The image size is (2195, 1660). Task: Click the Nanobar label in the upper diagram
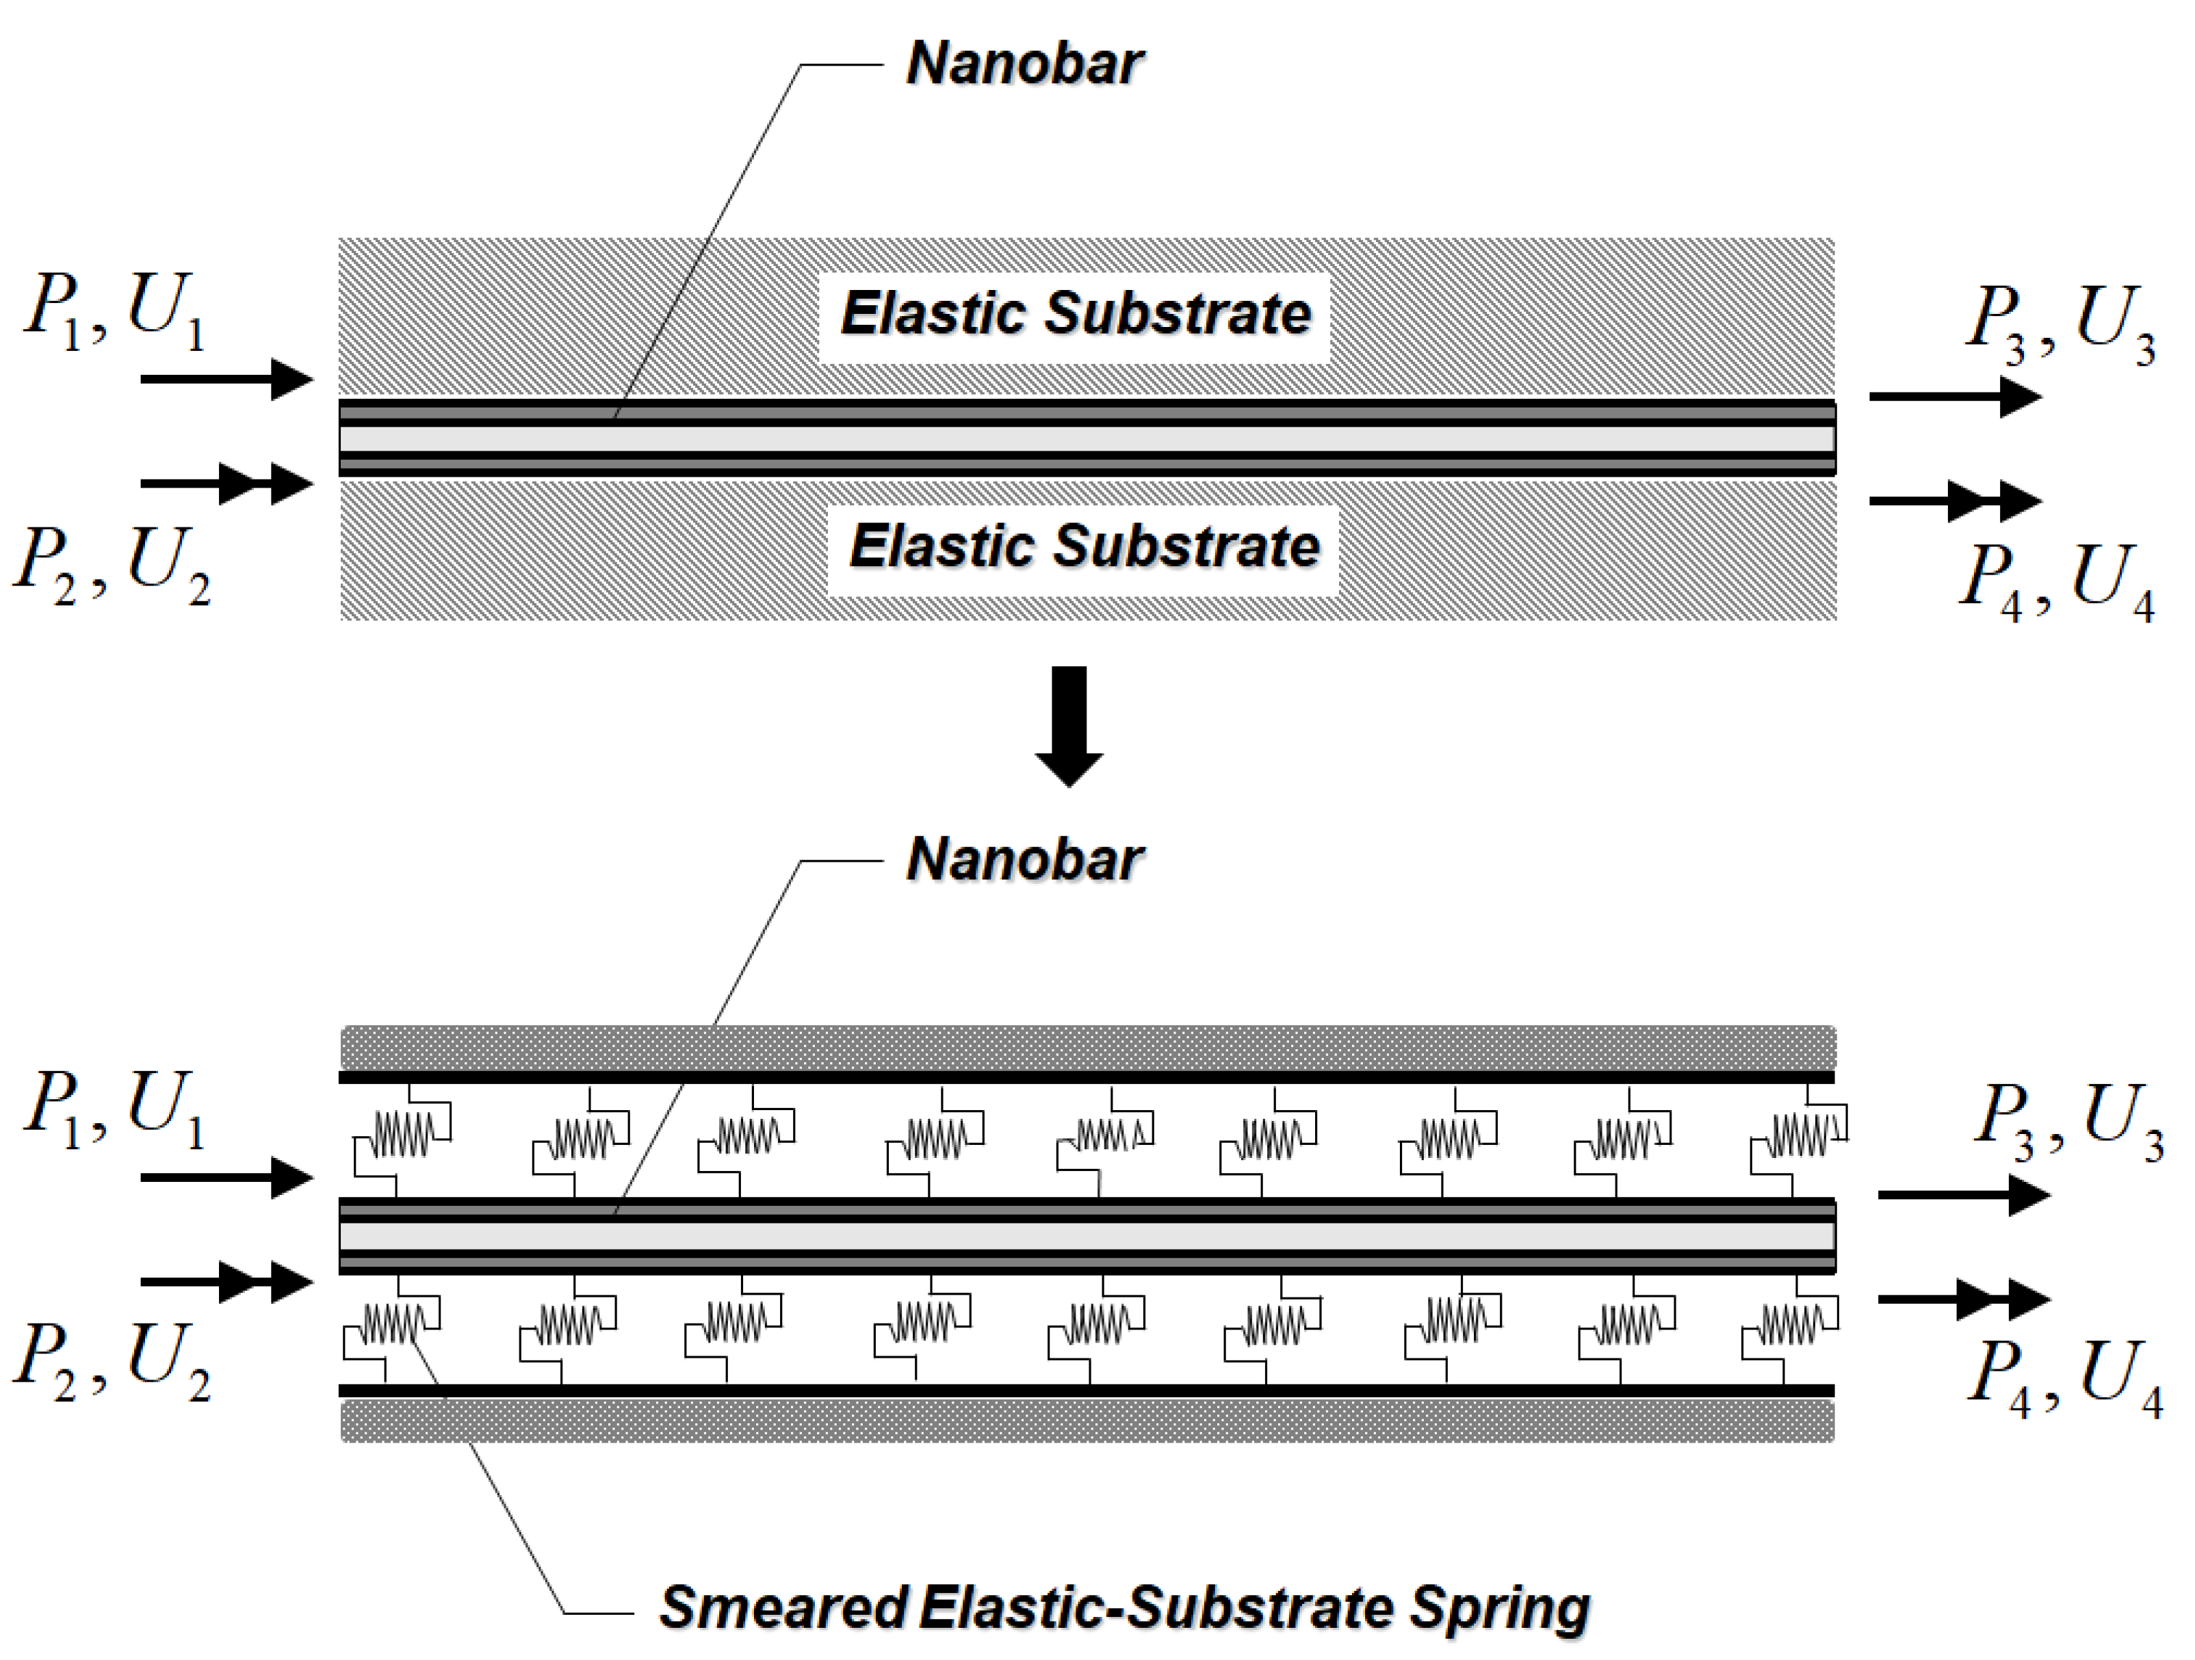coord(1024,64)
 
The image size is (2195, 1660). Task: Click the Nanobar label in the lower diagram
coord(1024,859)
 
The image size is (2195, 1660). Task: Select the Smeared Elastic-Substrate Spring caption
coord(1124,1607)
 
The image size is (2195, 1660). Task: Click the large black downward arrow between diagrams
coord(1069,724)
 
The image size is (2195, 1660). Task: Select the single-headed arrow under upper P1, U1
coord(226,379)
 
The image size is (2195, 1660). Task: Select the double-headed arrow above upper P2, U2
coord(226,484)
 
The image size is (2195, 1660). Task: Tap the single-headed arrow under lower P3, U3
coord(1963,1195)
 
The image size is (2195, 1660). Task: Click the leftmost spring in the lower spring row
coord(393,1325)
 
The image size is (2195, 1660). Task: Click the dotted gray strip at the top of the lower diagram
coord(1087,1046)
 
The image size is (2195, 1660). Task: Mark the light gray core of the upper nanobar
coord(1087,438)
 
